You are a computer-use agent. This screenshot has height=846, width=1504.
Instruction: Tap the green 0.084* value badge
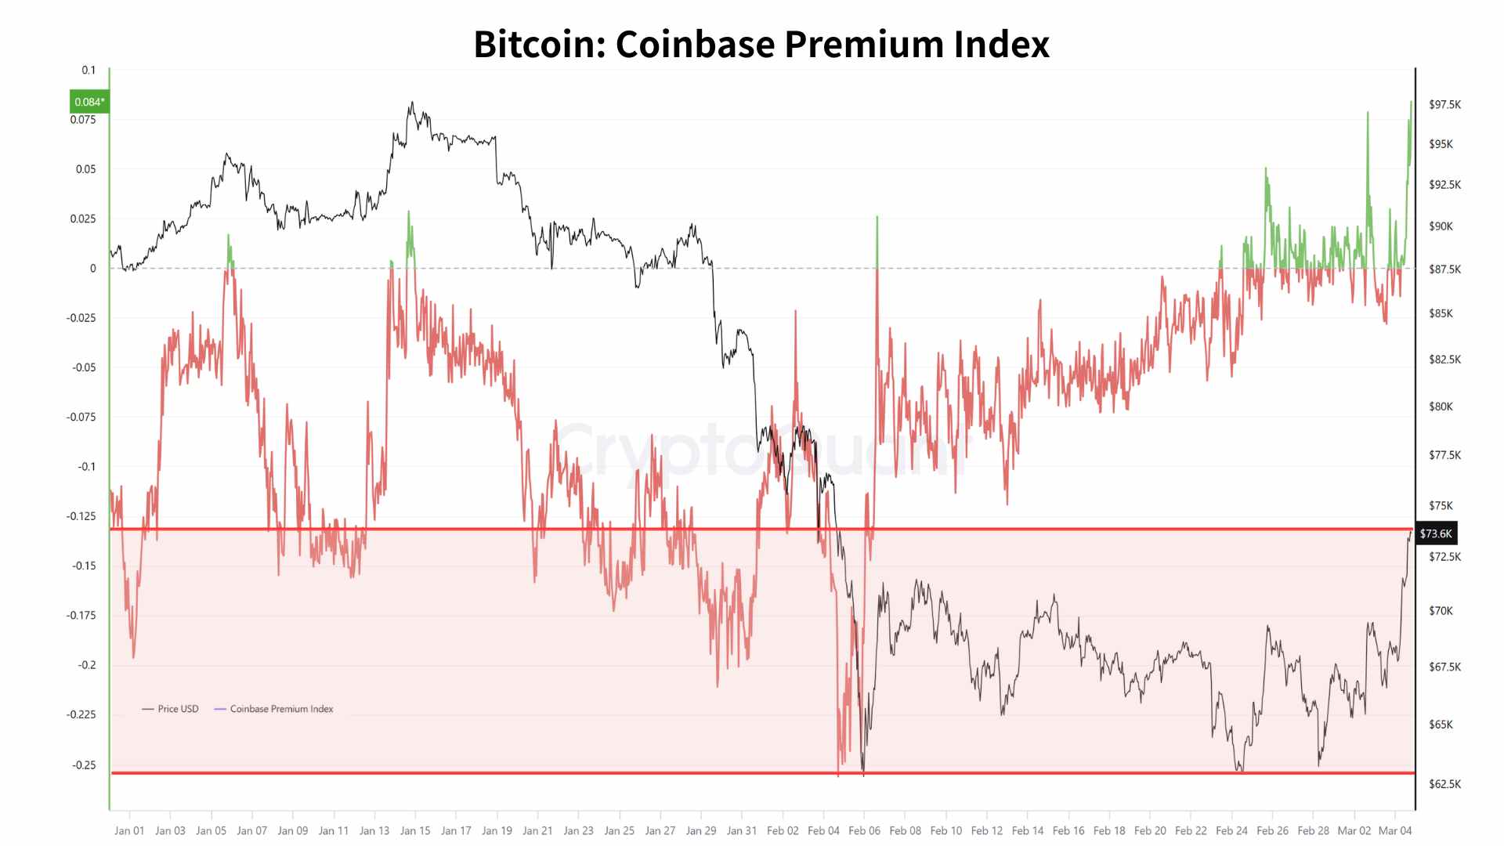pos(89,102)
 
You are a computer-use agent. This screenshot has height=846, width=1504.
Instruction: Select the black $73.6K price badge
pos(1436,533)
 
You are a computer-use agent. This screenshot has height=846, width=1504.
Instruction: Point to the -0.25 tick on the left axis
pos(84,765)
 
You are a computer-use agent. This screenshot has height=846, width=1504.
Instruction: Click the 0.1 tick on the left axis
pos(89,70)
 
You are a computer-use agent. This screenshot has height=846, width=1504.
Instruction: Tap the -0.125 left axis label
pos(81,516)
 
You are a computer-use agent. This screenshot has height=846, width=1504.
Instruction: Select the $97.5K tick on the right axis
pos(1444,104)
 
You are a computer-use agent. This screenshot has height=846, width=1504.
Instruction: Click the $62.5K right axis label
pos(1444,784)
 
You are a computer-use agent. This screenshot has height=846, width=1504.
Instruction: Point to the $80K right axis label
pos(1441,407)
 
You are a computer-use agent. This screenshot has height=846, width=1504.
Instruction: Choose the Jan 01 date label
pos(129,830)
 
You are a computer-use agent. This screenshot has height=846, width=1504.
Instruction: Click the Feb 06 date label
pos(864,830)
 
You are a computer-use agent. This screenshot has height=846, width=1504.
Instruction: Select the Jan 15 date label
pos(415,830)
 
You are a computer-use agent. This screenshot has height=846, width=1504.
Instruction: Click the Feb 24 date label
pos(1231,830)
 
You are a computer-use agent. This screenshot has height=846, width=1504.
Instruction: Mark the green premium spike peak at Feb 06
pos(877,217)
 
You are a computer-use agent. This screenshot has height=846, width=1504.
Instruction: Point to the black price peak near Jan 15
pos(412,103)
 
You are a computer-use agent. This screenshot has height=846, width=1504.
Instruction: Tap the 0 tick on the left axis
pos(93,269)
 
